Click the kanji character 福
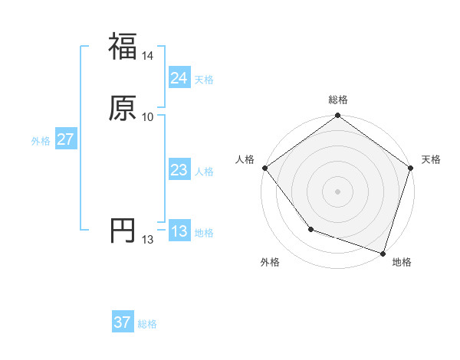[123, 47]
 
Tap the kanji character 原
[123, 109]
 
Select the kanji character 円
[123, 231]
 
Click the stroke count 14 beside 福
[148, 56]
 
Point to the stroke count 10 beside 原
[148, 117]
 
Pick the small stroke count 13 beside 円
[148, 240]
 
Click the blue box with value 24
[179, 78]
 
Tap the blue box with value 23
[179, 170]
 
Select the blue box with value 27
[65, 139]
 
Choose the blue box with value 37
[123, 322]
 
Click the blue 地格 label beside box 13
[205, 233]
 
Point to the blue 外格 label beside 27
[41, 141]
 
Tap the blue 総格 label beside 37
[148, 324]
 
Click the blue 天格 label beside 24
[205, 80]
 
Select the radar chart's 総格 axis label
[337, 100]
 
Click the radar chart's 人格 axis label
[245, 159]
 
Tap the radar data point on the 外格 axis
[310, 229]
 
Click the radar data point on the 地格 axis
[383, 253]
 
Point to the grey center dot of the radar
[337, 191]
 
